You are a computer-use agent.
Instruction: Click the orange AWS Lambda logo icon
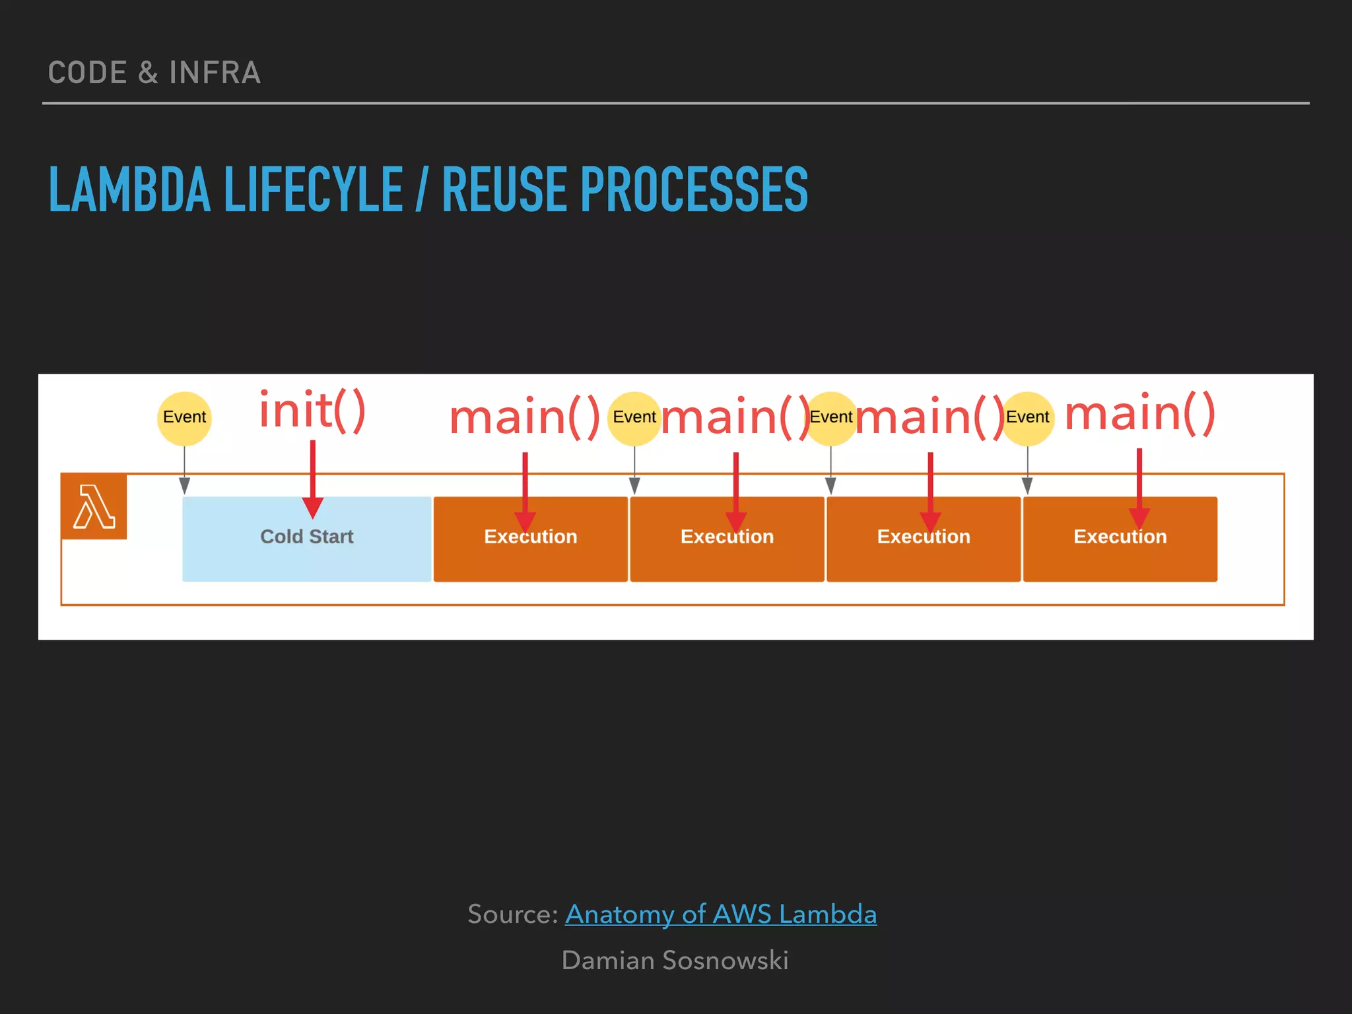(94, 506)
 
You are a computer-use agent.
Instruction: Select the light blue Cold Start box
(306, 539)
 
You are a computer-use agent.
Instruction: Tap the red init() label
(312, 411)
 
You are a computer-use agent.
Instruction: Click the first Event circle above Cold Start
(184, 417)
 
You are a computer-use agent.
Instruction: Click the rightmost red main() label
(1139, 413)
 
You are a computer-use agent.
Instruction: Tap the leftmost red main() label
(524, 417)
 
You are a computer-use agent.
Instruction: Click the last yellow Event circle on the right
(1027, 417)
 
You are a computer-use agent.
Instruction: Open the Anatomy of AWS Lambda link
(720, 914)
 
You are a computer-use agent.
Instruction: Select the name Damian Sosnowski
(675, 961)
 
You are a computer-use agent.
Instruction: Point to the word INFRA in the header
(215, 73)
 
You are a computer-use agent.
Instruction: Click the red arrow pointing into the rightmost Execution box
(1139, 489)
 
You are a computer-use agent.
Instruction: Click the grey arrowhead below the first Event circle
(184, 487)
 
